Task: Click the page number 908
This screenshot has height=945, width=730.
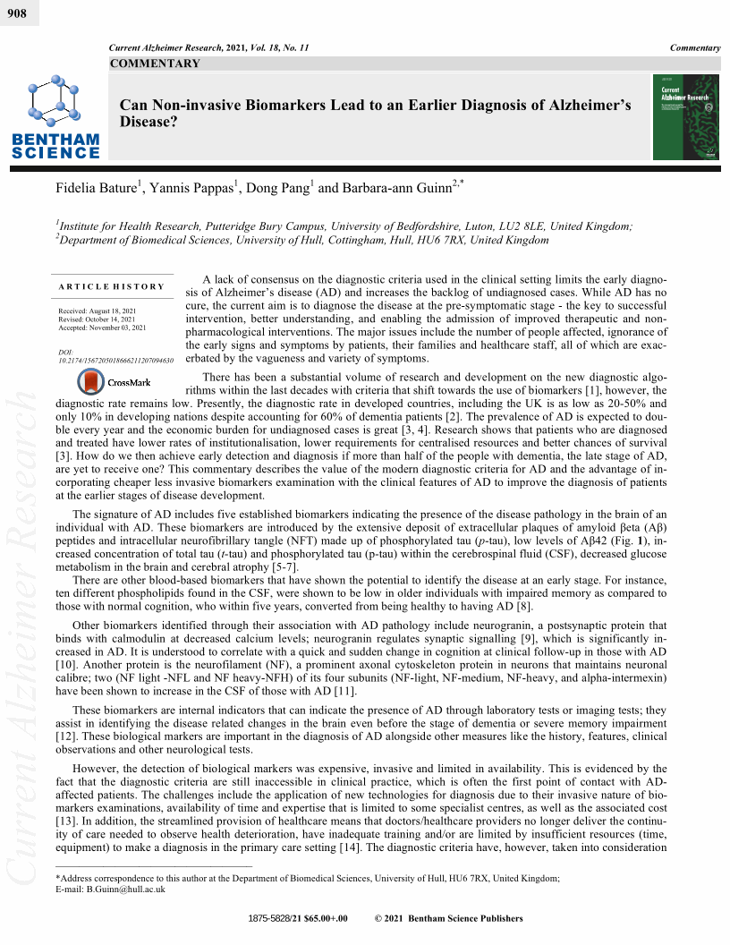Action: pos(16,12)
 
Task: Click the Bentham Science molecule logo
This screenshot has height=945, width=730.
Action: pos(55,104)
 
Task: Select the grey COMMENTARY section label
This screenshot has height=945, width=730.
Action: pos(155,64)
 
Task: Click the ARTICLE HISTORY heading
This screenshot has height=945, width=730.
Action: pos(112,286)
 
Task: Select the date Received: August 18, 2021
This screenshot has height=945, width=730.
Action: pos(103,311)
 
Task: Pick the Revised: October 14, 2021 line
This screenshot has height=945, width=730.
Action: pos(103,320)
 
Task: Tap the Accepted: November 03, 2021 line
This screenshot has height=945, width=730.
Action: pos(106,329)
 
